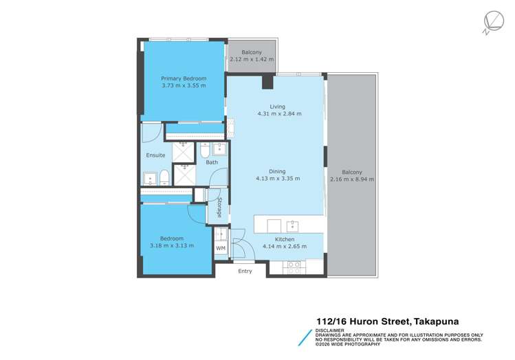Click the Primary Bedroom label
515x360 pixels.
click(x=183, y=78)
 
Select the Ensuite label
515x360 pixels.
click(x=155, y=155)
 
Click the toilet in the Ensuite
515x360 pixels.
click(x=164, y=179)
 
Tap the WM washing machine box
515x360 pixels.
click(x=221, y=247)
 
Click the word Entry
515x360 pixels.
click(x=245, y=271)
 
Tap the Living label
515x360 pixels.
click(x=277, y=106)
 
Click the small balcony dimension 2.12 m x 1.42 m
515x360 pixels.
click(x=252, y=60)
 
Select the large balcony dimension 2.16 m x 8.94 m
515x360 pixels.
click(x=352, y=179)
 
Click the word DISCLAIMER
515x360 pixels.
click(x=330, y=330)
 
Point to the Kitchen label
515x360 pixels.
click(x=277, y=239)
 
